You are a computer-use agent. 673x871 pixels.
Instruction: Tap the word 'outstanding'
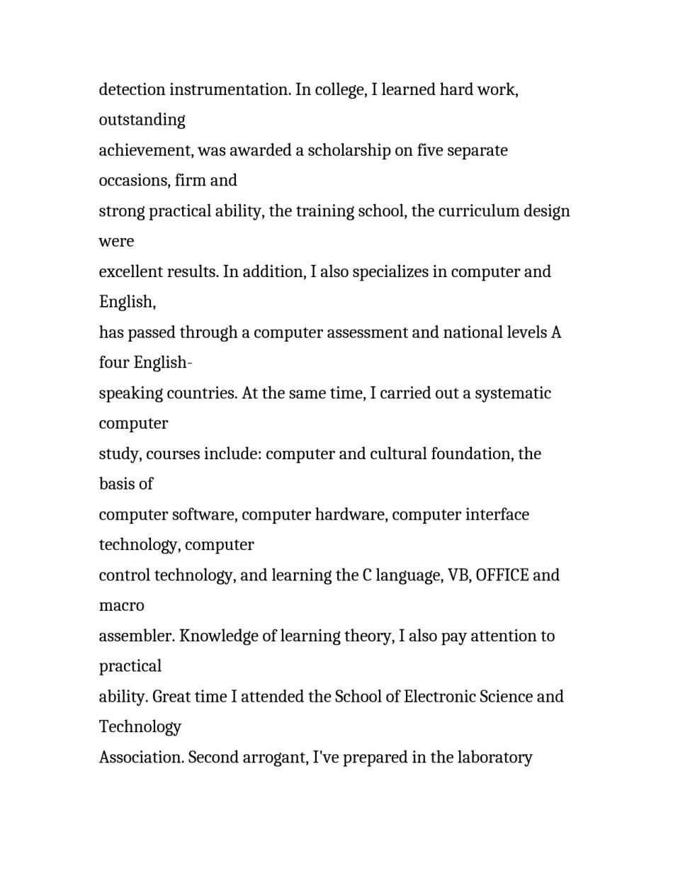tap(142, 120)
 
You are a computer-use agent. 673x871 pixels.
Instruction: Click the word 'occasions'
tap(132, 181)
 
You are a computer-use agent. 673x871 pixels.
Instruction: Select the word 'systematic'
tap(513, 393)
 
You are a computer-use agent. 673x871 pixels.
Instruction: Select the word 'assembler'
tap(136, 636)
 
